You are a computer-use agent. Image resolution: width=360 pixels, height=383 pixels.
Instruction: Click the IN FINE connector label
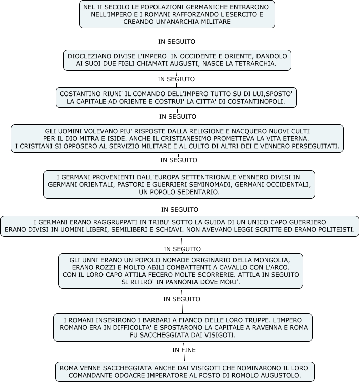(183, 350)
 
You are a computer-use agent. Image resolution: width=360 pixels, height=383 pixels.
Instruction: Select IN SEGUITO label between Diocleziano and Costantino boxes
(176, 79)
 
